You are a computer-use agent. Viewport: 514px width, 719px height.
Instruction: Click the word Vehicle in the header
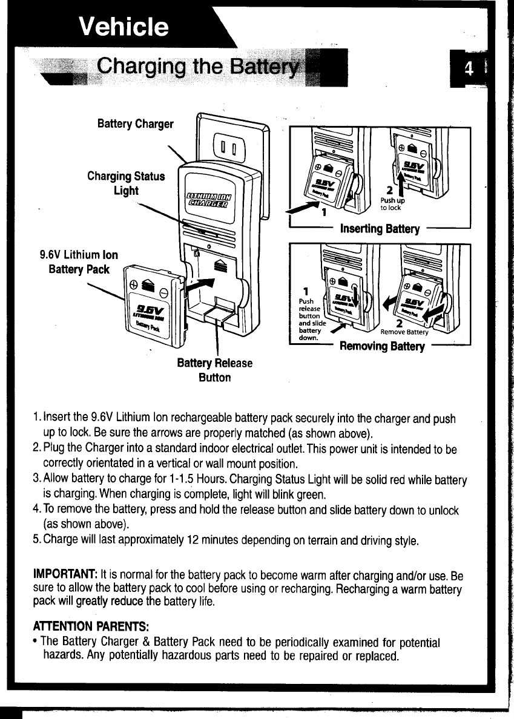pyautogui.click(x=125, y=27)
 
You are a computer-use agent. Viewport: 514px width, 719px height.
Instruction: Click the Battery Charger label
pyautogui.click(x=135, y=124)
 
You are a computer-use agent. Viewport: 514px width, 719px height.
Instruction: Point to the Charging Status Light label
pyautogui.click(x=125, y=183)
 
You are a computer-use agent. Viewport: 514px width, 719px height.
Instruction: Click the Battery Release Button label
pyautogui.click(x=214, y=370)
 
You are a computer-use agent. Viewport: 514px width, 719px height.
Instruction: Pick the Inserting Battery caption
pyautogui.click(x=380, y=229)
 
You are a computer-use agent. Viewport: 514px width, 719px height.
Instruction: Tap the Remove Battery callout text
pyautogui.click(x=404, y=332)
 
